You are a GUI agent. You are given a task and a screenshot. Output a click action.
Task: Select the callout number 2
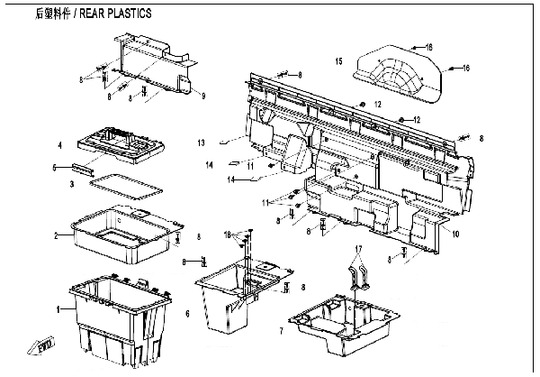coord(57,236)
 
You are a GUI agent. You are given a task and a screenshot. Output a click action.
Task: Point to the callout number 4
coord(59,144)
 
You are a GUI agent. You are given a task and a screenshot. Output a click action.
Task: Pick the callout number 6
coord(187,313)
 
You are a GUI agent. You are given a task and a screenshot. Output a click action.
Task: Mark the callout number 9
coord(204,96)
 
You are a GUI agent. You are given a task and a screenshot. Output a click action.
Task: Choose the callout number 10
coord(455,234)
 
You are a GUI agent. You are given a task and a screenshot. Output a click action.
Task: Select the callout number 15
coord(338,61)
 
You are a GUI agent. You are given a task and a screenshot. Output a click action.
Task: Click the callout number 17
coord(357,247)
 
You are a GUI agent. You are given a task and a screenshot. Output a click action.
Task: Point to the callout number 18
coord(229,234)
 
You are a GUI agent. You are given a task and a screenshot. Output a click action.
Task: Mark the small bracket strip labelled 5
coord(85,168)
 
